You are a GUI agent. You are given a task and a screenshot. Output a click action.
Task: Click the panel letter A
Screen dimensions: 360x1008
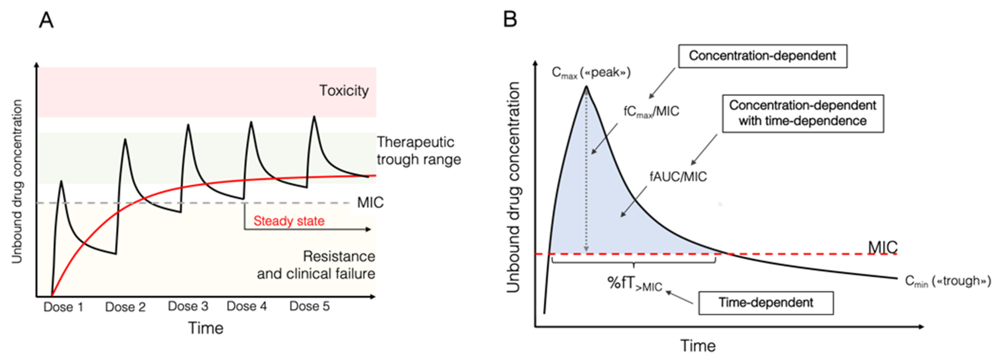tap(46, 20)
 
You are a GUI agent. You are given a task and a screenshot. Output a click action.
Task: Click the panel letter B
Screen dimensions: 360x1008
tap(510, 19)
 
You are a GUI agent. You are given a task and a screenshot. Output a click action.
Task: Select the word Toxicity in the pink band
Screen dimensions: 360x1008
tap(344, 91)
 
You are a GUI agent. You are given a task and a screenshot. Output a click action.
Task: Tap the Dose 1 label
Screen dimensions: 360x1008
tap(63, 307)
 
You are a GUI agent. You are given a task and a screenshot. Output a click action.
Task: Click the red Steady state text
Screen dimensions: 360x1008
tap(289, 221)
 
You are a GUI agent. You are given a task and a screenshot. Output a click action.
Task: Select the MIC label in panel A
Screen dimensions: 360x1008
tap(370, 203)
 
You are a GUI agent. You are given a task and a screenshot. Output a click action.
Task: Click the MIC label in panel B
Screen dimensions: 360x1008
tap(882, 247)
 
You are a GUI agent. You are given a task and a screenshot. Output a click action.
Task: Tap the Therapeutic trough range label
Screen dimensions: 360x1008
tap(418, 151)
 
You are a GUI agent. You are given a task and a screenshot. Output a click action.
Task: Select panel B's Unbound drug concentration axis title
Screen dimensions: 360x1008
tap(513, 187)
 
